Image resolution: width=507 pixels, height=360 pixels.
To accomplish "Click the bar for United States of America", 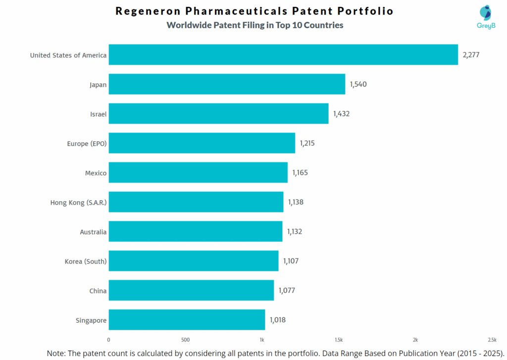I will click(x=283, y=54).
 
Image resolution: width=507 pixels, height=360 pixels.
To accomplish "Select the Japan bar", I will click(x=227, y=84).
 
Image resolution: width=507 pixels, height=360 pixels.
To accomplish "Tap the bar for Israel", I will click(x=218, y=113).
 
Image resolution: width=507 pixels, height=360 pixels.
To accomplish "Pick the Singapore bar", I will click(x=187, y=320).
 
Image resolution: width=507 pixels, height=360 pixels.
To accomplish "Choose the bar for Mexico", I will click(x=198, y=172).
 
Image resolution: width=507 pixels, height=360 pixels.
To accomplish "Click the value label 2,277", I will click(x=471, y=54).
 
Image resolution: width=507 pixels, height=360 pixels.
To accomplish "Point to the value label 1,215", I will click(x=307, y=143).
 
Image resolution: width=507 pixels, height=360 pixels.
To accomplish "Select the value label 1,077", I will click(x=287, y=290).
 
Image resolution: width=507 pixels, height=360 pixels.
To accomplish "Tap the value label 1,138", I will click(x=296, y=202).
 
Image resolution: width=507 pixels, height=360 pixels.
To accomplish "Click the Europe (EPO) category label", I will click(x=87, y=144).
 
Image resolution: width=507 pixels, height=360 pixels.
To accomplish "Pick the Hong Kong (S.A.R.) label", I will click(x=78, y=203).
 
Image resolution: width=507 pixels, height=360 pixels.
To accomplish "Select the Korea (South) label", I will click(x=86, y=261).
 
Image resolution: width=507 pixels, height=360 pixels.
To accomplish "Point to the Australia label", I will click(x=93, y=232).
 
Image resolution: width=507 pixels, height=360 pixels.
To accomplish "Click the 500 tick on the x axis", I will click(x=185, y=340).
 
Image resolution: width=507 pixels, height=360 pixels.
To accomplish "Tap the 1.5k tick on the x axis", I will click(x=339, y=340).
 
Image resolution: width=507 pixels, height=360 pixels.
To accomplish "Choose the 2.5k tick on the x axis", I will click(x=492, y=340).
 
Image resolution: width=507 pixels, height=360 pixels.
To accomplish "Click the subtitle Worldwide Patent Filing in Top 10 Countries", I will click(x=254, y=25).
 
